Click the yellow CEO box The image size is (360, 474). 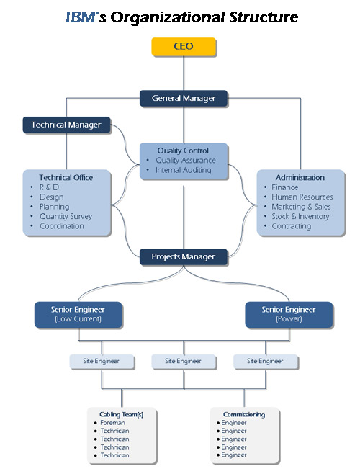tap(184, 47)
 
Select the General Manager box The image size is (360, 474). tap(184, 98)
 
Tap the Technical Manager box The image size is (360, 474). tap(66, 125)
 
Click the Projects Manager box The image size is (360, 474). tap(184, 256)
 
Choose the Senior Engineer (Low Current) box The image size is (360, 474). tap(78, 314)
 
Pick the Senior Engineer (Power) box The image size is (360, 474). tap(289, 314)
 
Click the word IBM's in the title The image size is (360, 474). tap(86, 17)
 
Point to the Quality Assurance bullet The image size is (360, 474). tap(186, 160)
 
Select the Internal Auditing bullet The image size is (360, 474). tap(183, 170)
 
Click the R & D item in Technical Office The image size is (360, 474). tap(49, 187)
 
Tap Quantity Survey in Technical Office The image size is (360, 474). tap(66, 216)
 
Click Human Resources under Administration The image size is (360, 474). tap(302, 197)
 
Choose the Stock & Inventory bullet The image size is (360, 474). tap(300, 216)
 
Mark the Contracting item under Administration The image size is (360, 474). tap(291, 226)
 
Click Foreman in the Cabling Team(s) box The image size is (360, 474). tap(112, 423)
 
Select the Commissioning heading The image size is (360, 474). tap(244, 414)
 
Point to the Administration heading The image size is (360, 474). tap(300, 178)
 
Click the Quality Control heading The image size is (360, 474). tap(183, 151)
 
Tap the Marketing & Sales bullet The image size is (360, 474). tap(301, 207)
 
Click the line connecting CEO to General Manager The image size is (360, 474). tap(184, 73)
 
